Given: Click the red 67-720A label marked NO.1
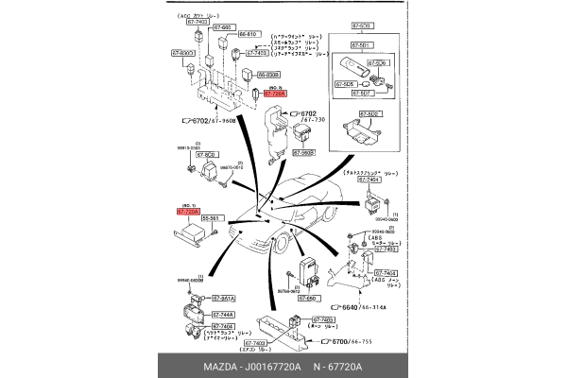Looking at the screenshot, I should (188, 213).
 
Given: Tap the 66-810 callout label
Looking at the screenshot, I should (248, 34).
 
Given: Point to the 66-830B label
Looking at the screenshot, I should (267, 74).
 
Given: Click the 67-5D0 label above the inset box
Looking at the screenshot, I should (361, 28).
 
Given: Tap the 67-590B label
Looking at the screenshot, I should (303, 152).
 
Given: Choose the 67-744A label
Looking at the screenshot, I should (222, 314).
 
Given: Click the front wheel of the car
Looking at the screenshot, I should (281, 249).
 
